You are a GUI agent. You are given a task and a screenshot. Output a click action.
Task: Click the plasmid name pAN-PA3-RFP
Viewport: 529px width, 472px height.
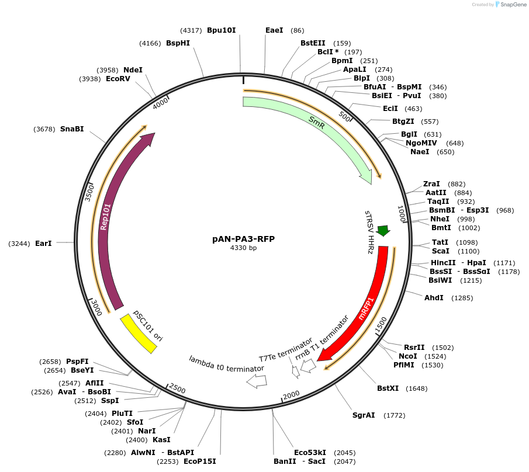point(243,239)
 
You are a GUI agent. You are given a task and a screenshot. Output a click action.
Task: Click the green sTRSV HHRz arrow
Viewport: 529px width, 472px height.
point(383,231)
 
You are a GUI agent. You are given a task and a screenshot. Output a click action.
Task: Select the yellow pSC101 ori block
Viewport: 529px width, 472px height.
point(139,334)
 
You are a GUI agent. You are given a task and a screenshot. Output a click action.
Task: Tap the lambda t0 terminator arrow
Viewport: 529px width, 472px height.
point(257,381)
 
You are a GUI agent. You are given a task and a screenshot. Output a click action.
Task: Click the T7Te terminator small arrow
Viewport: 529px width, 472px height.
point(296,371)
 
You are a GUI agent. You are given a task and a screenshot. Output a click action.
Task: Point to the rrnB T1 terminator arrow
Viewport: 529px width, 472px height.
point(309,366)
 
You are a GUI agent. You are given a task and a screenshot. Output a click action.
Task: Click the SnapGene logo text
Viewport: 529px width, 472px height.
point(511,5)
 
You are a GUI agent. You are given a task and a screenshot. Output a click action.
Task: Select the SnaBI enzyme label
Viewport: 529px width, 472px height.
point(72,129)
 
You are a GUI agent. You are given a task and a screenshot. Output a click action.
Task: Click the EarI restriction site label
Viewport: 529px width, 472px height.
point(43,243)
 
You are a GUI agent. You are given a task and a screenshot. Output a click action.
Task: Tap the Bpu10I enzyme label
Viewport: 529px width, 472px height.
point(222,30)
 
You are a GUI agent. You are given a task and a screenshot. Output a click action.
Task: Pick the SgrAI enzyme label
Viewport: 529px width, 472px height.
point(364,415)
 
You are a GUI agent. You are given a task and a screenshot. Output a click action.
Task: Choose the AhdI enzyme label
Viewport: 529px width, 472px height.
point(434,298)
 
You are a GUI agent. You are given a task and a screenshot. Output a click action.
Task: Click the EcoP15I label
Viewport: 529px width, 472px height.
point(200,461)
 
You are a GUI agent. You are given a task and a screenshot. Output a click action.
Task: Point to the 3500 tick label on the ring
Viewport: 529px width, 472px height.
point(89,192)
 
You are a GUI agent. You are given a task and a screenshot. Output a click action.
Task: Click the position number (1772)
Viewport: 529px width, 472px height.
point(394,415)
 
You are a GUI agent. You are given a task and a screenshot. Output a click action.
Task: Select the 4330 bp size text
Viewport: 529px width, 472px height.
point(243,248)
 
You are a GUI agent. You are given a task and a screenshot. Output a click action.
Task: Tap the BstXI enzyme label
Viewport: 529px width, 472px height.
point(388,388)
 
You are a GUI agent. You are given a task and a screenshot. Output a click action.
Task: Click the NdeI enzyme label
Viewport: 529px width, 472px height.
point(133,70)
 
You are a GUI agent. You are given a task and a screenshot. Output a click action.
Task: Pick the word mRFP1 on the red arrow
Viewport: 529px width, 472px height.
point(366,308)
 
